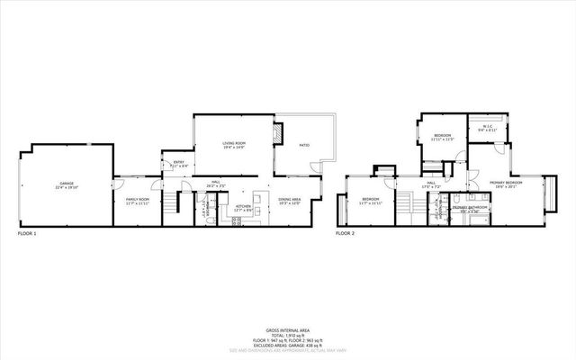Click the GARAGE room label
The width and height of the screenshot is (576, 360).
click(x=66, y=184)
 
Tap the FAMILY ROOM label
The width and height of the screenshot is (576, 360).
click(x=137, y=199)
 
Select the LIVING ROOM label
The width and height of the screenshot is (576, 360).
click(x=234, y=143)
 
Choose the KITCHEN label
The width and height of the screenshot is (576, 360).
click(x=243, y=207)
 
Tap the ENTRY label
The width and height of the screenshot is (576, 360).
click(x=177, y=163)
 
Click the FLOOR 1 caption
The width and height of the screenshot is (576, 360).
click(x=28, y=233)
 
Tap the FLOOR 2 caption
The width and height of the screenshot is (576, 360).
click(x=346, y=233)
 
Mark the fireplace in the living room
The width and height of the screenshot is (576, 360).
click(x=280, y=132)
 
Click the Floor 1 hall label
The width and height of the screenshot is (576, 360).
click(x=216, y=183)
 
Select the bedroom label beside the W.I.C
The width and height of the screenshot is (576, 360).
click(x=442, y=137)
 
